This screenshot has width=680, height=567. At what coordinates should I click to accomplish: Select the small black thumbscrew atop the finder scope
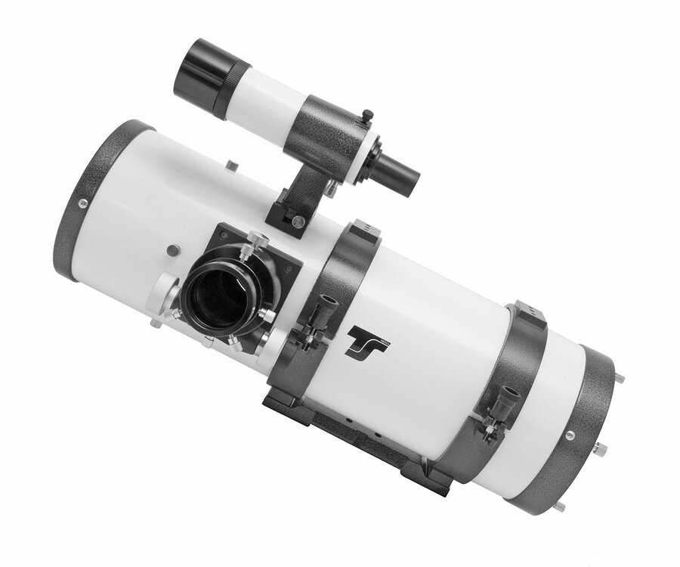[368, 115]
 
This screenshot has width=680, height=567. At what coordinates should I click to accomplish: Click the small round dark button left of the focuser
[174, 249]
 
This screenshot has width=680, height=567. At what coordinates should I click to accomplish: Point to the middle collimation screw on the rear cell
[601, 449]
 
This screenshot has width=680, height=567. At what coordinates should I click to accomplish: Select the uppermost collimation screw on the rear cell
[620, 378]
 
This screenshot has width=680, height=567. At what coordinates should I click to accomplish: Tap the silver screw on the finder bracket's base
[298, 221]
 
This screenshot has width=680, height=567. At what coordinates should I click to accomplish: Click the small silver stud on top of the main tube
[233, 165]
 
